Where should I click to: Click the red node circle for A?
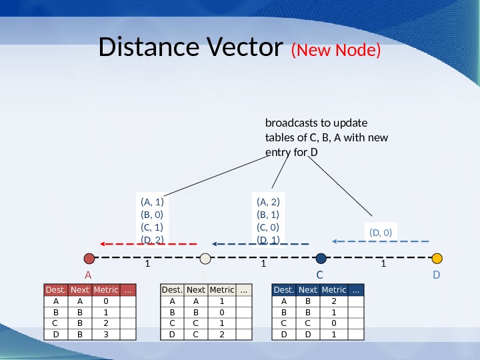(x=89, y=258)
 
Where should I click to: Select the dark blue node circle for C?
(x=321, y=258)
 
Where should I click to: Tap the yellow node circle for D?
(x=437, y=258)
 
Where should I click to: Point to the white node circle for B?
(x=205, y=258)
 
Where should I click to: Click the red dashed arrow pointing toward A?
(x=147, y=243)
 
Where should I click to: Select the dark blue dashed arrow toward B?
(x=261, y=243)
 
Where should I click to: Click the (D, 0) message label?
(x=380, y=232)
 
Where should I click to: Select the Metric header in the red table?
(x=105, y=290)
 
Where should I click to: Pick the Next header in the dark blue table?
(x=308, y=290)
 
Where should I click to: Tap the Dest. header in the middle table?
(x=172, y=290)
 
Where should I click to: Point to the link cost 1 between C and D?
(x=383, y=264)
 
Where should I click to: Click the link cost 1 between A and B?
(x=147, y=264)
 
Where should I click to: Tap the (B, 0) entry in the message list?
(x=152, y=215)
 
